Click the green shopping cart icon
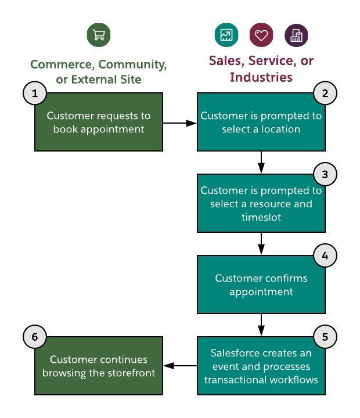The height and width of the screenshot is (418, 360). (99, 35)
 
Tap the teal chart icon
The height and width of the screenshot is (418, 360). (226, 35)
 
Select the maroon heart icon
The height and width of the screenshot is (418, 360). (261, 35)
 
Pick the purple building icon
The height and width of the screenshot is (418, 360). (296, 35)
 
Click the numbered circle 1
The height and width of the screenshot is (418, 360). (35, 93)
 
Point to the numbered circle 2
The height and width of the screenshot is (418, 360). (325, 93)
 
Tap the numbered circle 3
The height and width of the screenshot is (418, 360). (325, 174)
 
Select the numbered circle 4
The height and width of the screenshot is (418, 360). (325, 255)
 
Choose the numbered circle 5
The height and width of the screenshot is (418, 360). (325, 337)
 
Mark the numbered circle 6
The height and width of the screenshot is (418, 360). (35, 337)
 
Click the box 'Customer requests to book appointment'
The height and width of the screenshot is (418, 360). (99, 122)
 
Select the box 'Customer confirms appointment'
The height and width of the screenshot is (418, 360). (261, 284)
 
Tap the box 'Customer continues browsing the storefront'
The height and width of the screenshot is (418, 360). (99, 366)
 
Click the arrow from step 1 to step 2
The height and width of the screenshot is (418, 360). (180, 123)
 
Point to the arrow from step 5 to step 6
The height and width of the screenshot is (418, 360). (180, 366)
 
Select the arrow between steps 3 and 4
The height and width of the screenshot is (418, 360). (261, 244)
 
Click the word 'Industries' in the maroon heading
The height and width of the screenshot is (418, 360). (261, 77)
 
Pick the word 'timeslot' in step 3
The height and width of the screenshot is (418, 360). (261, 217)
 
